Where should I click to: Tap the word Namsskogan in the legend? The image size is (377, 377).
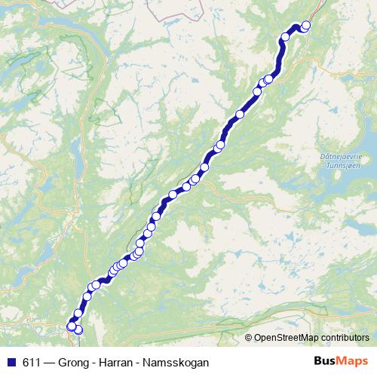pos(177,362)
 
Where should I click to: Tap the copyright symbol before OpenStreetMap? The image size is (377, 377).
pos(249,338)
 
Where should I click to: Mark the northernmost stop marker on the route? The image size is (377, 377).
pos(306,26)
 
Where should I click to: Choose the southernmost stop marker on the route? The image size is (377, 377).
pos(78,330)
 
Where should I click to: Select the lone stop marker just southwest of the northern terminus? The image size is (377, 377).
pos(286,37)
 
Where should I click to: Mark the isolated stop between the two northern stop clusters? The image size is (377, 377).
pos(241,115)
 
